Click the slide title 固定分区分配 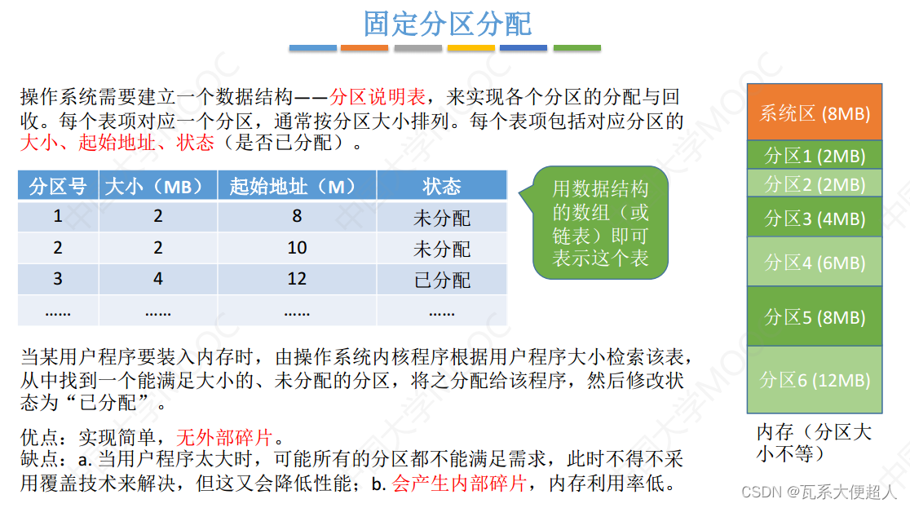pos(448,24)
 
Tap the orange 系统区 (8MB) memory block pos(815,112)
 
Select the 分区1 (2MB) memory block pos(815,155)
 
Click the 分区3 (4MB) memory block pos(815,218)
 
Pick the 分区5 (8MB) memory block pos(815,316)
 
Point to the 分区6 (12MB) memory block pos(815,379)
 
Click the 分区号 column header pos(58,187)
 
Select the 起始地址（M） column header pos(296,187)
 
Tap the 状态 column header pos(441,187)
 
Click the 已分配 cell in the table pos(441,280)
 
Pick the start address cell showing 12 pos(296,280)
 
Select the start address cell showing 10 pos(296,248)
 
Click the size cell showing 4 pos(157,280)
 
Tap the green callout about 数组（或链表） pos(600,223)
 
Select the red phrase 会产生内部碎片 pos(459,484)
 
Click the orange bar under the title pos(364,48)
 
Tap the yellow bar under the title pos(471,48)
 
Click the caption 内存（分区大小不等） pos(813,442)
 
